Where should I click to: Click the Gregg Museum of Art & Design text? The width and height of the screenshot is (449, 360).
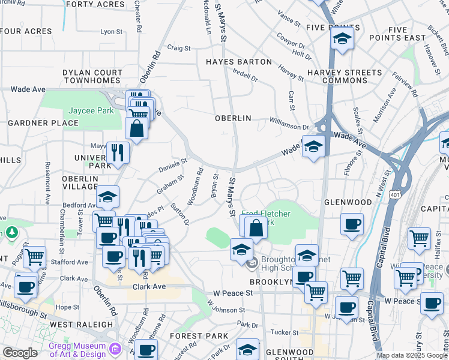click(77, 350)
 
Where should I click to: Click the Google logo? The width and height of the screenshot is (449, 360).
click(20, 353)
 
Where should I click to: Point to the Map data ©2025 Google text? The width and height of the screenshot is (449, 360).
click(412, 356)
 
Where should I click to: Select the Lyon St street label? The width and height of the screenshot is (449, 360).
click(112, 32)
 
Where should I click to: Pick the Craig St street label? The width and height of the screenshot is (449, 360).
click(178, 48)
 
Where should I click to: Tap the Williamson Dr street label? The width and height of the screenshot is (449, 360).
click(289, 127)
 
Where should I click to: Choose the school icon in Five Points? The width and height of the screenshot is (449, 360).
click(342, 38)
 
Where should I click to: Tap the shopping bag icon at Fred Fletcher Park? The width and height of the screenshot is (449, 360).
click(256, 227)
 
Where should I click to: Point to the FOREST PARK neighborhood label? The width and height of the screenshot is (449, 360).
click(195, 336)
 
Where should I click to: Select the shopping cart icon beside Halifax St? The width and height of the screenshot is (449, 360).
click(419, 238)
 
